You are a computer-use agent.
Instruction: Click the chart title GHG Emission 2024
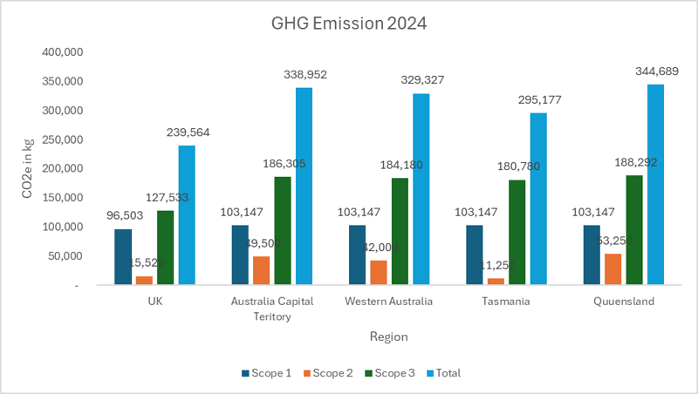[348, 24]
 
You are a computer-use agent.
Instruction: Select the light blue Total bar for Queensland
[655, 184]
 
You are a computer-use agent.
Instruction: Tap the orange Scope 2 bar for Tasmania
[496, 281]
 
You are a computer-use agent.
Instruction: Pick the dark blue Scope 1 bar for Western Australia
[358, 255]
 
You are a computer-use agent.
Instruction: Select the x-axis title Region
[387, 336]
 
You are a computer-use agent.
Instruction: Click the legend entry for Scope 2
[329, 373]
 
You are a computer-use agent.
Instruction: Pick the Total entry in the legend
[443, 373]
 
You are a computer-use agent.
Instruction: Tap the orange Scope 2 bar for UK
[145, 280]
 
